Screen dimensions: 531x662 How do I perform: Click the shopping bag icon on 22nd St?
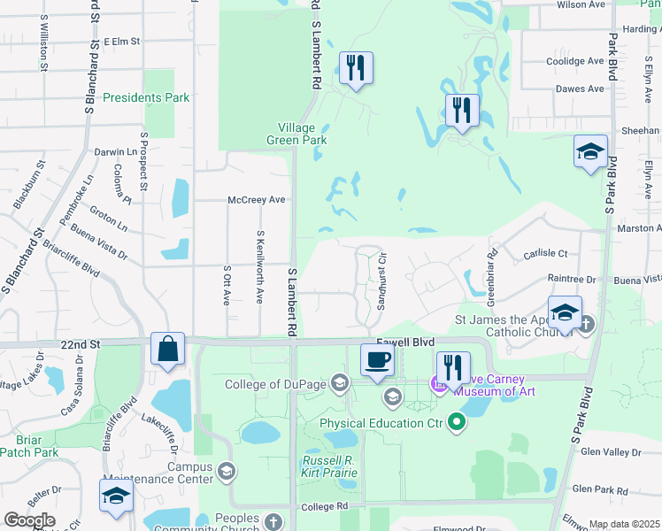(167, 350)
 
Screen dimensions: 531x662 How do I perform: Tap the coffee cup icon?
(377, 359)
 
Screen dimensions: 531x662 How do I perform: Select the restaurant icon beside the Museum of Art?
(452, 368)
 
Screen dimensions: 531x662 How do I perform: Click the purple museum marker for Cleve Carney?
(435, 383)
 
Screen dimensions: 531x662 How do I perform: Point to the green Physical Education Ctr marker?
(457, 423)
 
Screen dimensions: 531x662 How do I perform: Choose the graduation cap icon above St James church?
(565, 312)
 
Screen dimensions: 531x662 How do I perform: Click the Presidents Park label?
(146, 97)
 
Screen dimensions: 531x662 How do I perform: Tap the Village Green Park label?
(297, 133)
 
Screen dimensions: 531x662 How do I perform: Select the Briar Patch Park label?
(36, 446)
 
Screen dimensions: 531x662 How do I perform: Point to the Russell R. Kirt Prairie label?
(329, 466)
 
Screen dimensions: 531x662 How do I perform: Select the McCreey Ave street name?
(257, 200)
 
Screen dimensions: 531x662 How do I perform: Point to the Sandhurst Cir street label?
(382, 282)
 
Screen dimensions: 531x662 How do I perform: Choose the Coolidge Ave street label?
(574, 61)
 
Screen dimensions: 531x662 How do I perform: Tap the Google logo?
(29, 520)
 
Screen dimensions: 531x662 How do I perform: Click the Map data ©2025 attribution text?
(624, 524)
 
